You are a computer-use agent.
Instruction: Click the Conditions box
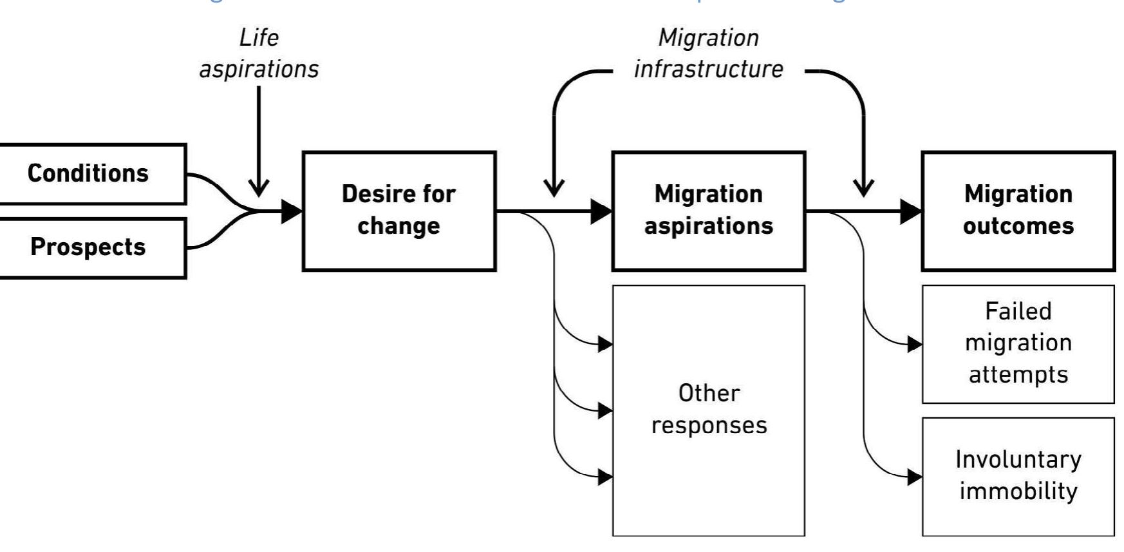tap(89, 174)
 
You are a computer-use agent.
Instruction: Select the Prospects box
tap(89, 248)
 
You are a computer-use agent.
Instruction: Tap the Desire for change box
tap(398, 211)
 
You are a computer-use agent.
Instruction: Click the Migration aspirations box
tap(708, 211)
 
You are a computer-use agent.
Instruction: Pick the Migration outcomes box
tap(1018, 211)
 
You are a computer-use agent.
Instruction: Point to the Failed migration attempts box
tap(1018, 343)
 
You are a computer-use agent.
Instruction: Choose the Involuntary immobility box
tap(1018, 476)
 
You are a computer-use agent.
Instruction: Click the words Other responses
tap(709, 410)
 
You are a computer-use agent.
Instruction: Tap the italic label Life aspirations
tap(259, 53)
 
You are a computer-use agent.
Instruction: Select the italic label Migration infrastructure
tap(708, 53)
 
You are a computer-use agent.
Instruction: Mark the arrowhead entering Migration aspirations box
tap(602, 211)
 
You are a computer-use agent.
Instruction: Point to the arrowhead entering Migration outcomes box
tap(911, 211)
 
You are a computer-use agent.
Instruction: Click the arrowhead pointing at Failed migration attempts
tap(915, 344)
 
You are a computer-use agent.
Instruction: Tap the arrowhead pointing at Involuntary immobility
tap(915, 477)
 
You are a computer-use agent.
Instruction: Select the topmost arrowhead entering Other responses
tap(605, 344)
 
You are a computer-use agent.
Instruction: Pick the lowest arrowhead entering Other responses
tap(605, 477)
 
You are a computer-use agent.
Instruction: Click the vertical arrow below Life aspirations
tap(259, 142)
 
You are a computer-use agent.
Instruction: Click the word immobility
tap(1018, 491)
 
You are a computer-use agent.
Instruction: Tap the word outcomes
tap(1018, 227)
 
